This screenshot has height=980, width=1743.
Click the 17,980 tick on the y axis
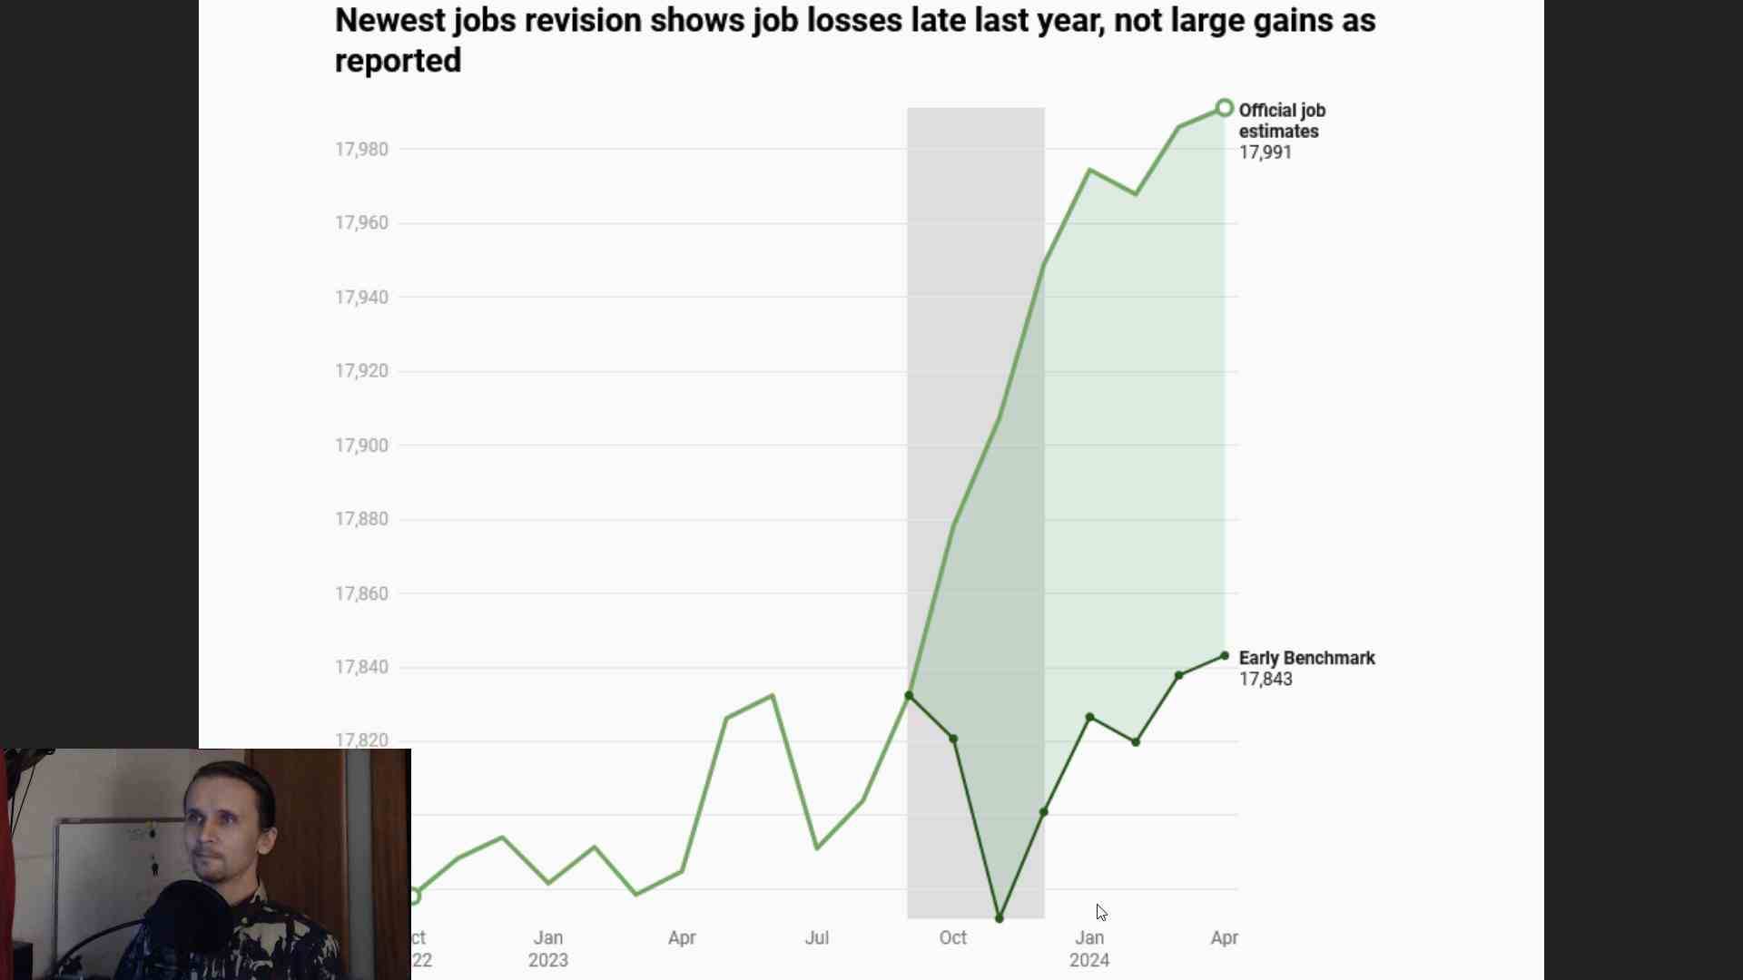click(361, 149)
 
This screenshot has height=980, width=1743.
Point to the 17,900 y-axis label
click(361, 446)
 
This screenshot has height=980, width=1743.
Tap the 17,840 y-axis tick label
click(361, 667)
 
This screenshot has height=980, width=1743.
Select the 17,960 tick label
click(361, 223)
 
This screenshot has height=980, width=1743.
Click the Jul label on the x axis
click(816, 938)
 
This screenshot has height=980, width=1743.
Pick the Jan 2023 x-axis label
click(547, 948)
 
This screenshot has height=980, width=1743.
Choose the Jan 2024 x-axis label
click(1088, 948)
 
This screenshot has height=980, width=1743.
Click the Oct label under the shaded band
click(952, 938)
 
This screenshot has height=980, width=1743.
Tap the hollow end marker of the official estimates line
click(1224, 109)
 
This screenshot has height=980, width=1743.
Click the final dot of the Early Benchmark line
click(1225, 656)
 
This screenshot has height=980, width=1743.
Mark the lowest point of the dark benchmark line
click(1000, 918)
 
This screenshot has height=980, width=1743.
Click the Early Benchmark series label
click(1306, 658)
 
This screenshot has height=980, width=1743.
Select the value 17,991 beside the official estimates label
click(1265, 152)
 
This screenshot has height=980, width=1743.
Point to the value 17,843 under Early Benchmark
click(1265, 680)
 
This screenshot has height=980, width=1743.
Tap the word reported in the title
click(398, 61)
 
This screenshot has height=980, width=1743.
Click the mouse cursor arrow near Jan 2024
click(1100, 911)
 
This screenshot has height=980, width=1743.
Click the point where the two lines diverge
click(909, 696)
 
